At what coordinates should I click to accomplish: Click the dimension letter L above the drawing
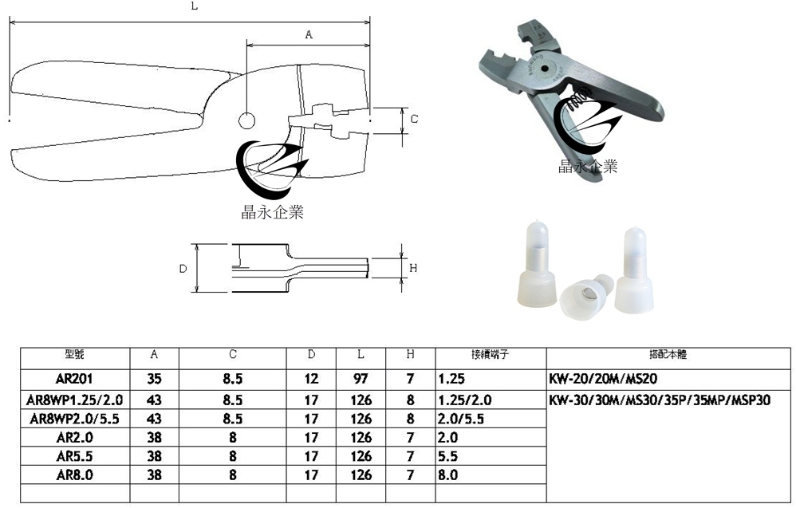point(195,6)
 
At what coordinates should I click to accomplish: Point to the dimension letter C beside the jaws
point(414,119)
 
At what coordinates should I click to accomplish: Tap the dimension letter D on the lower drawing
point(183,269)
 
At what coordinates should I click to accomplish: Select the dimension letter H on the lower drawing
point(413,269)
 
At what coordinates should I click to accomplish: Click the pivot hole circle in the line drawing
point(246,120)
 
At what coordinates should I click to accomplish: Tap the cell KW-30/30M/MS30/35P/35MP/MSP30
point(660,399)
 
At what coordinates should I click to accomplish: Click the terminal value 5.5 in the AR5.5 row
point(447,456)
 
